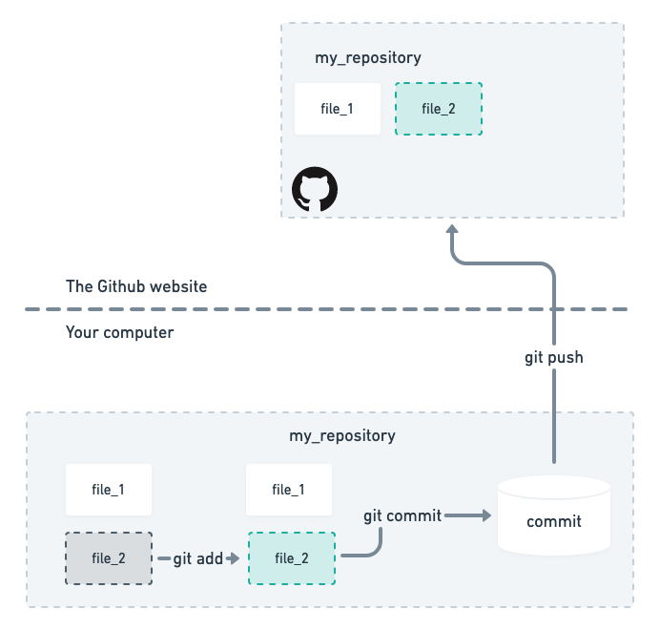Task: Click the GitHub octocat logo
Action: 315,191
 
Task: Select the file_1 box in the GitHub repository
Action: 338,108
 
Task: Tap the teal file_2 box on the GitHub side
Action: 438,108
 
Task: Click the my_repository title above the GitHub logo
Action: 367,58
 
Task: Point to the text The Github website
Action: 136,286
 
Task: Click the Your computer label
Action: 120,333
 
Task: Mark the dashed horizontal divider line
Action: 382,309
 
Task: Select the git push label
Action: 553,358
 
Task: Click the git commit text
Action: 402,515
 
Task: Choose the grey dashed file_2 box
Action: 108,557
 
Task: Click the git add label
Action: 197,558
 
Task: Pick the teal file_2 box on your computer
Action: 291,558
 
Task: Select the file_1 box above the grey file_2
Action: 108,490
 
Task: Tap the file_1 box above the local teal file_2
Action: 289,490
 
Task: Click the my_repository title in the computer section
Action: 341,435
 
